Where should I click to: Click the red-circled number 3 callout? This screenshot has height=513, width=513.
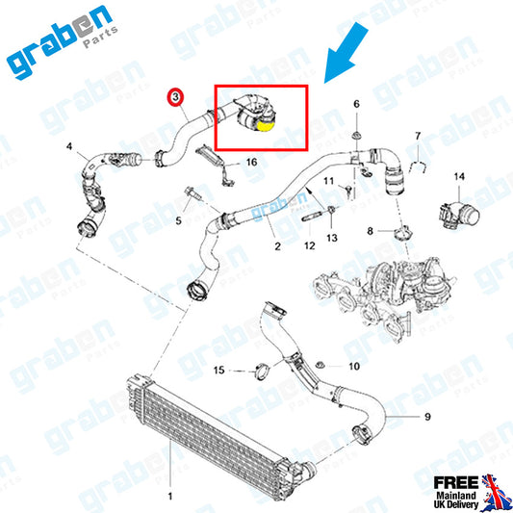click(176, 97)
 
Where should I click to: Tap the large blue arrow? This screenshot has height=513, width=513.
click(346, 53)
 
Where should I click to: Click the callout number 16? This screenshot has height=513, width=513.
click(251, 162)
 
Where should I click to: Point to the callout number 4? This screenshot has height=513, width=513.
click(69, 146)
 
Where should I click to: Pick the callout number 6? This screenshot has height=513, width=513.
click(357, 104)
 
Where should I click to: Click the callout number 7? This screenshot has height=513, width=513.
click(418, 136)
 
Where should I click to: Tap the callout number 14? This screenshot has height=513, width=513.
click(459, 177)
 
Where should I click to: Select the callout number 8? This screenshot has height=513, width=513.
click(370, 231)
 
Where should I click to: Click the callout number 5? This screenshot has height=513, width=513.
click(178, 220)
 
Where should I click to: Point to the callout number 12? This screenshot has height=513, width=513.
click(310, 245)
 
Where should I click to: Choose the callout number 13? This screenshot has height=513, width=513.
click(332, 238)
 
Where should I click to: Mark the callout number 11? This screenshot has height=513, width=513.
click(328, 181)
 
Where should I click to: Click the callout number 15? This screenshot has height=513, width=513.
click(218, 370)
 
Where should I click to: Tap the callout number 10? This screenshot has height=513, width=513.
click(354, 366)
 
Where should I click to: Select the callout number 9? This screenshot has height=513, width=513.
click(427, 417)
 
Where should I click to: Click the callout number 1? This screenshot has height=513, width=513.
click(170, 497)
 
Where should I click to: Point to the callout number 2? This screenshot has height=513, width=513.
click(277, 246)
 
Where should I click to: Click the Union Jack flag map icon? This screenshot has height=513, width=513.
click(495, 494)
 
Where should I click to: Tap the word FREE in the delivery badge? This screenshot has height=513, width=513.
click(456, 483)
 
